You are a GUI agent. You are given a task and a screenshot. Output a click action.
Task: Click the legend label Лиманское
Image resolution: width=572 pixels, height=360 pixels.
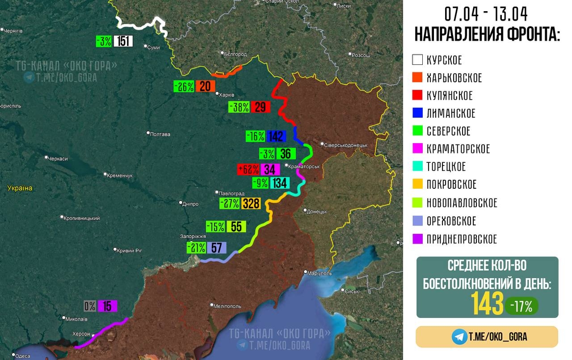coord(451,113)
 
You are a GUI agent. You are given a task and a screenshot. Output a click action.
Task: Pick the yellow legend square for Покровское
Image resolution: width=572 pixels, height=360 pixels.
coord(417,184)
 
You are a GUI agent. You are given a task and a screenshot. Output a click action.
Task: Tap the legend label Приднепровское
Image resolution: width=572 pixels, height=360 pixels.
coord(462,239)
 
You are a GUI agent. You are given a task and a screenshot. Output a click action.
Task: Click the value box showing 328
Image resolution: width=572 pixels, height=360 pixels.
coord(251,203)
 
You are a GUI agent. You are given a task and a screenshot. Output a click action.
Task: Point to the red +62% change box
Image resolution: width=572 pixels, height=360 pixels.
coord(248,169)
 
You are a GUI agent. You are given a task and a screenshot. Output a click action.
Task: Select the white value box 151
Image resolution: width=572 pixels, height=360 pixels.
coord(124,41)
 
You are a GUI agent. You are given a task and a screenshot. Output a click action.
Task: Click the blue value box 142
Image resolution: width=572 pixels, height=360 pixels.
coord(276,136)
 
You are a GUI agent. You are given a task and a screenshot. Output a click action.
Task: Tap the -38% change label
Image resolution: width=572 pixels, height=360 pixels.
coord(239,107)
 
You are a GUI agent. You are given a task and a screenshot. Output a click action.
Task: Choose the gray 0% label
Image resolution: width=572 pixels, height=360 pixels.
coord(90,306)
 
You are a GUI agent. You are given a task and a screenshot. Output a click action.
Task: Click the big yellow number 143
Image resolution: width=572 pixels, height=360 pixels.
coord(487,304)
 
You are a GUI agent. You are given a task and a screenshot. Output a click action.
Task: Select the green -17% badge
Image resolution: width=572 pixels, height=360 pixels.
coord(522,306)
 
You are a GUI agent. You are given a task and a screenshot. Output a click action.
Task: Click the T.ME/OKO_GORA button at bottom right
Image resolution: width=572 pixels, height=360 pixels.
coord(487,337)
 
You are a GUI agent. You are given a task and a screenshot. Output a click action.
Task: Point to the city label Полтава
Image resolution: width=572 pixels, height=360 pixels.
coord(160,134)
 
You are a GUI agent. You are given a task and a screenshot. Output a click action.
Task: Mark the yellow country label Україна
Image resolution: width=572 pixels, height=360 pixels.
coord(20,188)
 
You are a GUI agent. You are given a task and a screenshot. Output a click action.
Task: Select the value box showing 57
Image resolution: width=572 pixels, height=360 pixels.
coord(216,248)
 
